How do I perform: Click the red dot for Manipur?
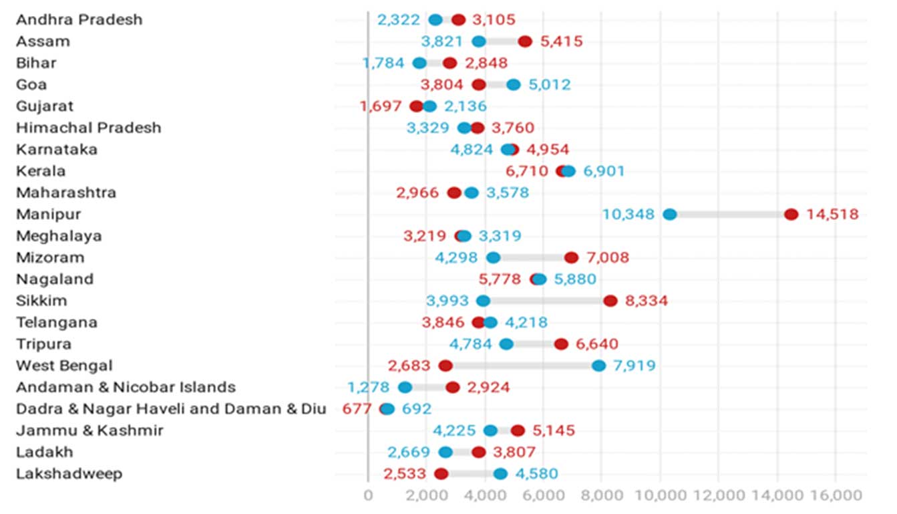point(791,215)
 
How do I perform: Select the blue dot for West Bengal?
point(598,366)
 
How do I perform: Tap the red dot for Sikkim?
point(610,301)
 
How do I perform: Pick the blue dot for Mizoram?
point(493,258)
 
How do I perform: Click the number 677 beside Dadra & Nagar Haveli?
point(356,409)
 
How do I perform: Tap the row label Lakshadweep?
point(69,474)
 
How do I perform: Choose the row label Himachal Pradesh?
point(89,128)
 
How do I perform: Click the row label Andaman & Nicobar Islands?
point(126,387)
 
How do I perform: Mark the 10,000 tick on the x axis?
point(660,495)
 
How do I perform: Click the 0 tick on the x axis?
point(368,495)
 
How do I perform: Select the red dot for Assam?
point(525,41)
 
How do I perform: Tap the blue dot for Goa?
point(513,85)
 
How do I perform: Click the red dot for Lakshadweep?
point(441,474)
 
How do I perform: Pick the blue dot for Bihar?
point(419,63)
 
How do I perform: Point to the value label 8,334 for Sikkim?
point(646,301)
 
